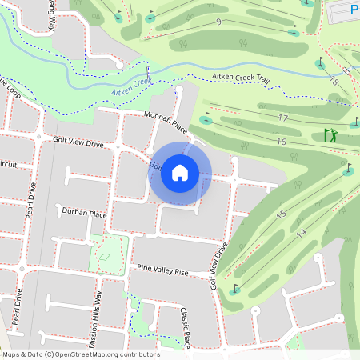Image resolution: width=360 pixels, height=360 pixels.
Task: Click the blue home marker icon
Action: pyautogui.click(x=180, y=173)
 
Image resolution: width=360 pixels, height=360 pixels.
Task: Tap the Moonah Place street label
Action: pyautogui.click(x=165, y=121)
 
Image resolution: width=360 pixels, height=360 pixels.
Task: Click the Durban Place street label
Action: pyautogui.click(x=84, y=213)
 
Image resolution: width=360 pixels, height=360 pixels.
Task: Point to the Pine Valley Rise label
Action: pyautogui.click(x=162, y=272)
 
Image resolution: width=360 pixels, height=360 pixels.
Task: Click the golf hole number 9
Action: pyautogui.click(x=218, y=22)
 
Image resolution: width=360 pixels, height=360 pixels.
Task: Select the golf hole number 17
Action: pyautogui.click(x=282, y=118)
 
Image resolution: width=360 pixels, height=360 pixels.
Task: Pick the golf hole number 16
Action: pyautogui.click(x=281, y=142)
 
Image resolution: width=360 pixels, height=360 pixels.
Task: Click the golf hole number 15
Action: pyautogui.click(x=281, y=214)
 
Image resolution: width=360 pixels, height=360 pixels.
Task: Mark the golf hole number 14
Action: pyautogui.click(x=301, y=232)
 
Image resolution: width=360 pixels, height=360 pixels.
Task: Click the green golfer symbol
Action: pyautogui.click(x=330, y=136)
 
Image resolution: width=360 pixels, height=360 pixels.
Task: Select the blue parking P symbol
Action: pyautogui.click(x=354, y=10)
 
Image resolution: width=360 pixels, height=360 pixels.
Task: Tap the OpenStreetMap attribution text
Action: pyautogui.click(x=80, y=354)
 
